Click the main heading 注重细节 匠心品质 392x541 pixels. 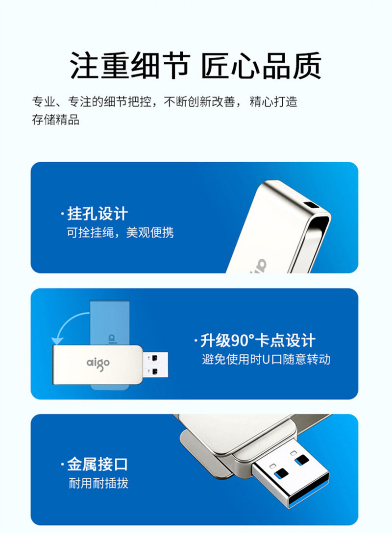[196, 66]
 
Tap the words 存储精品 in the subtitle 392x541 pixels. [55, 120]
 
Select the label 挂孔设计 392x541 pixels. [98, 214]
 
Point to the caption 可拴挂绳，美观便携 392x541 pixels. [120, 233]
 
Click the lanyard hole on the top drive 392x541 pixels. [312, 205]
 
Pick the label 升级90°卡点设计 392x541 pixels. [258, 341]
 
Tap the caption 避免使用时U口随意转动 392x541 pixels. [266, 360]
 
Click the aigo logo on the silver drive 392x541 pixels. [98, 364]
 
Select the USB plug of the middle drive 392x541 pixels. [155, 365]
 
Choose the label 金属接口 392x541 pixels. [98, 464]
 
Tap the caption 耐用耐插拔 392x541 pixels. [98, 483]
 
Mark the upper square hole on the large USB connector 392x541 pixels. [301, 460]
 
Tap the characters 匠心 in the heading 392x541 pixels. [230, 66]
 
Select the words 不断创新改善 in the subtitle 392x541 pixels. [199, 102]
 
